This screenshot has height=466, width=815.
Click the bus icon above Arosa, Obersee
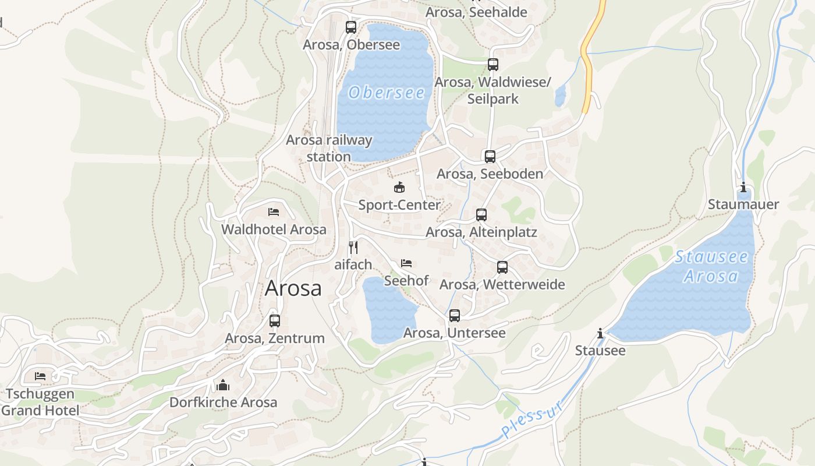(350, 27)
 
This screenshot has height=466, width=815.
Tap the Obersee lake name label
(387, 92)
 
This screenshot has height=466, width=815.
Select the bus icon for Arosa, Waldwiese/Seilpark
(493, 65)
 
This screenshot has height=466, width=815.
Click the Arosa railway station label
(329, 148)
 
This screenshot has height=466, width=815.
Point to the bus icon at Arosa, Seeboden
(490, 156)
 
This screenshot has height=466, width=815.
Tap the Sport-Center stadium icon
(399, 188)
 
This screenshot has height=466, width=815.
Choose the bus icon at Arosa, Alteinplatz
(481, 215)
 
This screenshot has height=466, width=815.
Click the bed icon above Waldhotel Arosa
(274, 212)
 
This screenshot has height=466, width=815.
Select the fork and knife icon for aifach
(353, 247)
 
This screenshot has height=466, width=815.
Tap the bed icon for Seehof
(406, 263)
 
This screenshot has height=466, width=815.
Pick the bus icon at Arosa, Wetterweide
(502, 267)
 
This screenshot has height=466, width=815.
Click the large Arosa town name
(293, 288)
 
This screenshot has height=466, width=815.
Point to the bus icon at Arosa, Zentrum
(275, 320)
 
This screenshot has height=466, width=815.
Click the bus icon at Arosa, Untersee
(455, 316)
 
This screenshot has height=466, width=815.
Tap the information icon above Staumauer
(743, 188)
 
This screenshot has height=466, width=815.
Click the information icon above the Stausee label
(600, 333)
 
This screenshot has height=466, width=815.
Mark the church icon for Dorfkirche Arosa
(223, 385)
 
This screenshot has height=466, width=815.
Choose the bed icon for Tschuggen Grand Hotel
(40, 376)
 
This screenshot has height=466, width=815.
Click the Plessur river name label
(532, 419)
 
